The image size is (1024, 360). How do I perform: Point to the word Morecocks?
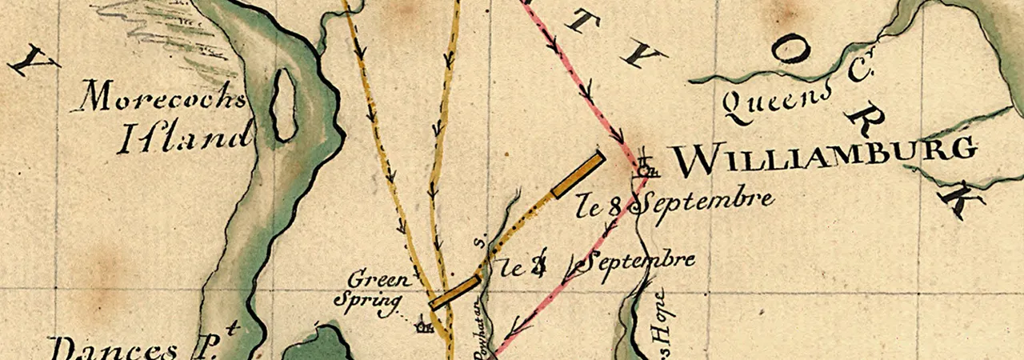[x=165, y=99]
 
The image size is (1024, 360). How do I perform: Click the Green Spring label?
[x=379, y=290]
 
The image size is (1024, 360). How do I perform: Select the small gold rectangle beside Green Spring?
[x=454, y=292]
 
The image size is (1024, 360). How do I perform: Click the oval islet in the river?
[x=283, y=105]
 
